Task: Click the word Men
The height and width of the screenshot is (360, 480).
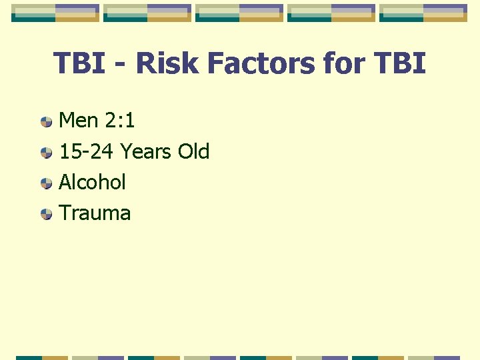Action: click(x=79, y=121)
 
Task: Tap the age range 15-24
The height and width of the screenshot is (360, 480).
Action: click(x=87, y=151)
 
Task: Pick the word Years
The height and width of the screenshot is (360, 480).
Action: click(x=146, y=151)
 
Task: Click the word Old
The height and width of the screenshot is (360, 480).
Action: click(x=193, y=151)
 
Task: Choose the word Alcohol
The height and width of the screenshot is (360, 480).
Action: click(x=92, y=182)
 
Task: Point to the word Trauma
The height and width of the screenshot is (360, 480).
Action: click(x=95, y=213)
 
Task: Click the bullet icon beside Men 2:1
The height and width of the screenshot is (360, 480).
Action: click(x=46, y=122)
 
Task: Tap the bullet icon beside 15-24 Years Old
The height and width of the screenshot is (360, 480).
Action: click(x=46, y=153)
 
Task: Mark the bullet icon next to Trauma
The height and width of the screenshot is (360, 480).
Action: click(x=46, y=214)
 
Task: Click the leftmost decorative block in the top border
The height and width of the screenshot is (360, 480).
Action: click(x=55, y=13)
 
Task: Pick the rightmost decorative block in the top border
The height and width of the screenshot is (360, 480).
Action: click(x=423, y=13)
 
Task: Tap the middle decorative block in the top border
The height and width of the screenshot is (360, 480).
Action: click(x=239, y=13)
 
